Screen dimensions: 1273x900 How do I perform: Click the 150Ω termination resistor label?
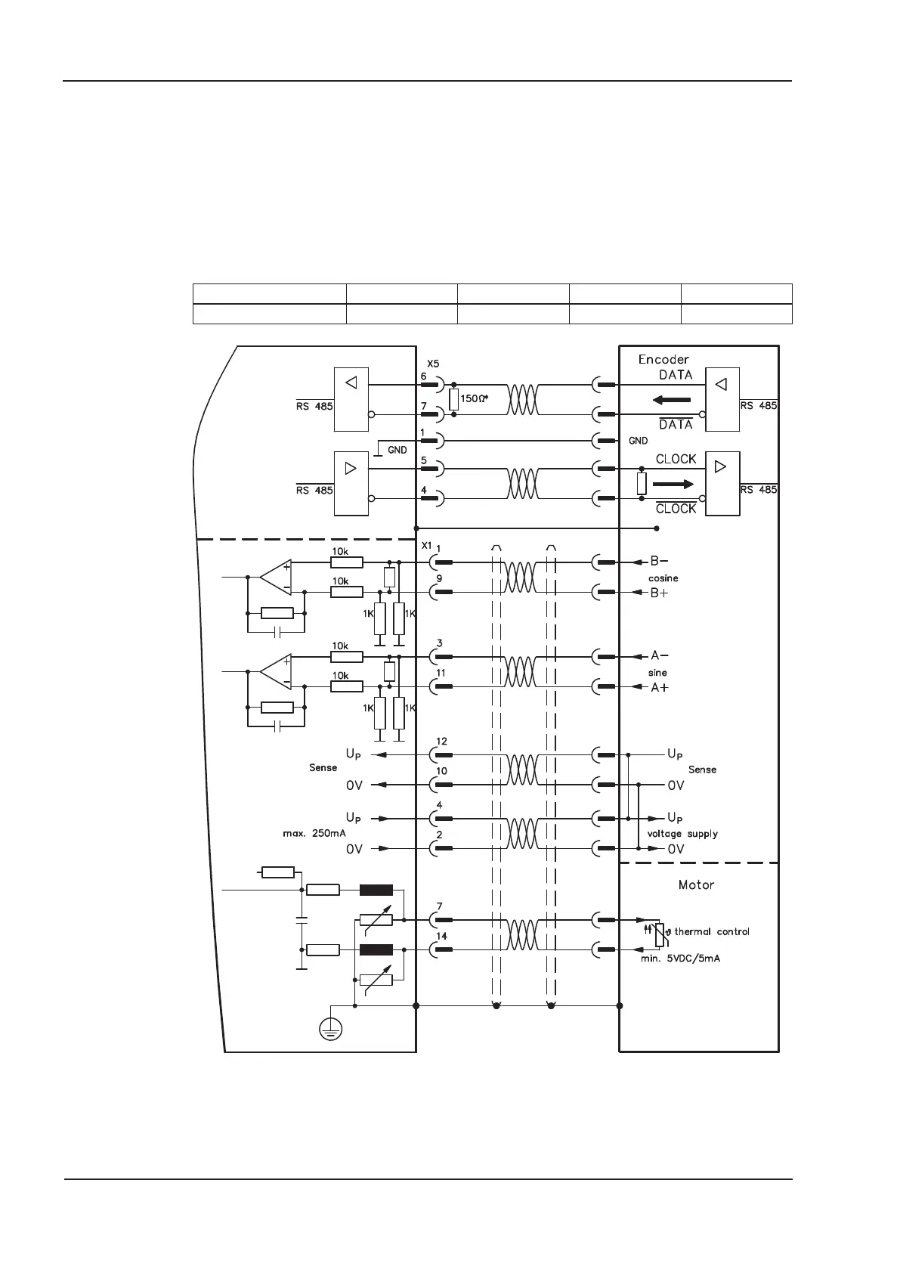(475, 398)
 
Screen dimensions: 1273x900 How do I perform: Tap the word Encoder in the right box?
(663, 360)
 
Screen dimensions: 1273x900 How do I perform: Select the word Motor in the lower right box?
(696, 884)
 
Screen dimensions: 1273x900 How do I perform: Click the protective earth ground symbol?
(330, 1028)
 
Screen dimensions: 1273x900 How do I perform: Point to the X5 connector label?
(433, 364)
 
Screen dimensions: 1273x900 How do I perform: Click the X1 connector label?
(426, 546)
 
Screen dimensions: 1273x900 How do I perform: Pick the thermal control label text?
(712, 931)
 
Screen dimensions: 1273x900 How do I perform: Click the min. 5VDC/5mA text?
(680, 958)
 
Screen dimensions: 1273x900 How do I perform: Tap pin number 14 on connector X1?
(441, 936)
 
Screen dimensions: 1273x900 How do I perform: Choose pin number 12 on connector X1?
(441, 742)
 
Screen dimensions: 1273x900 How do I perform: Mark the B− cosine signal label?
(659, 562)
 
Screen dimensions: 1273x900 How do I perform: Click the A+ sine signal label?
(659, 687)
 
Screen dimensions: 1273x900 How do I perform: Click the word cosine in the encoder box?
(663, 578)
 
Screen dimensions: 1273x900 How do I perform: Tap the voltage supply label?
(682, 834)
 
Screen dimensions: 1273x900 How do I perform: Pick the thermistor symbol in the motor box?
(660, 934)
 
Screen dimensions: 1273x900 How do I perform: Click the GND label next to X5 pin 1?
(397, 450)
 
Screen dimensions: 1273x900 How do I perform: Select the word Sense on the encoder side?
(702, 770)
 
